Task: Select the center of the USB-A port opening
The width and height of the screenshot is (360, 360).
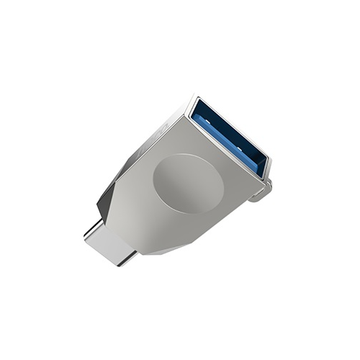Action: point(230,137)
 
